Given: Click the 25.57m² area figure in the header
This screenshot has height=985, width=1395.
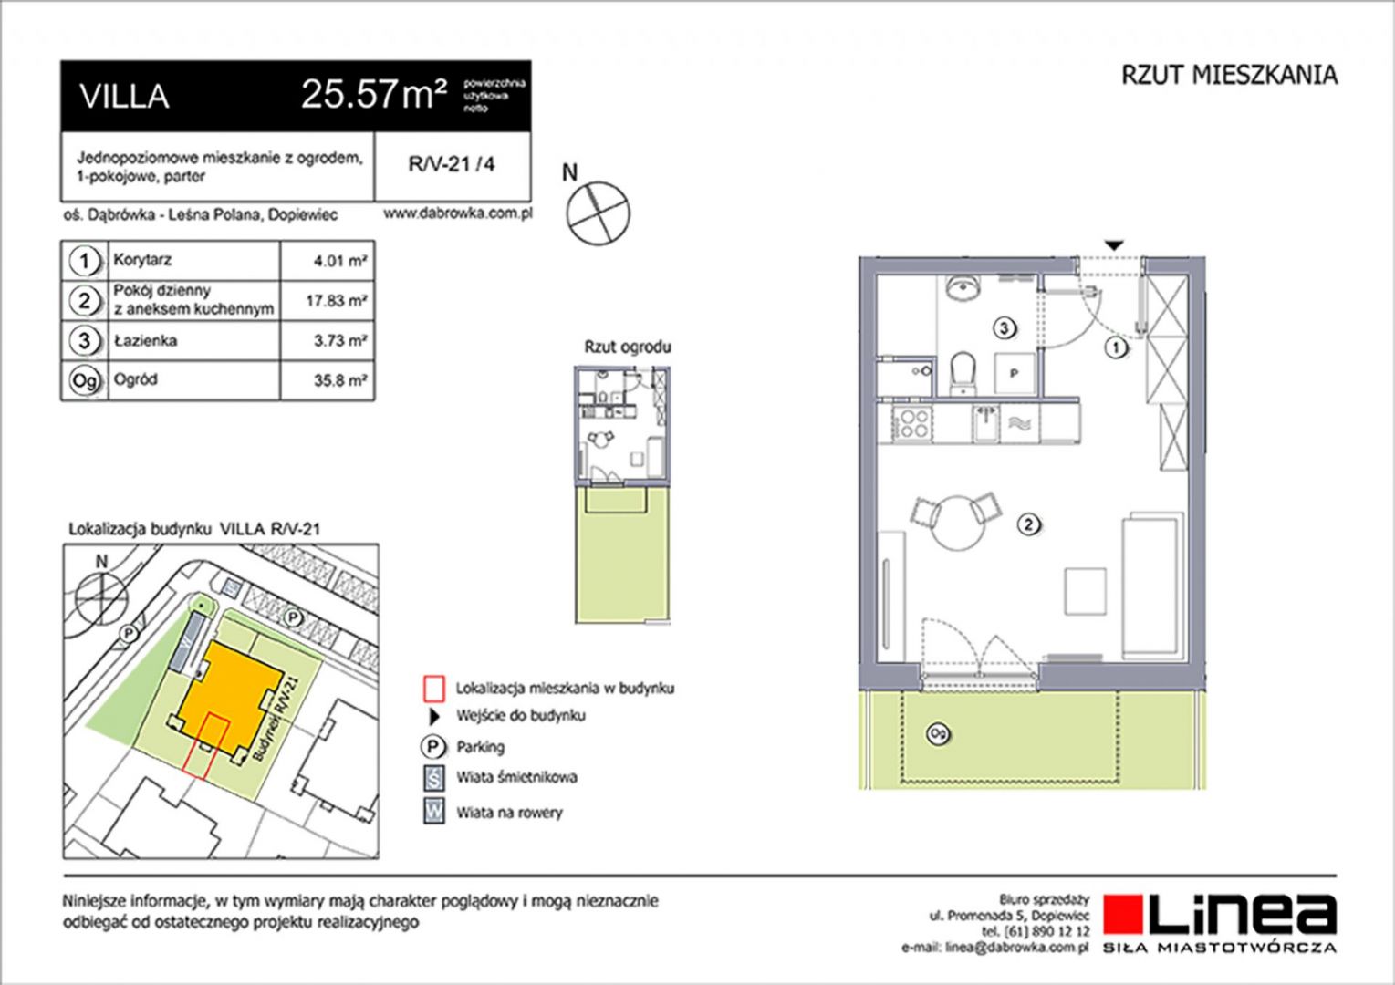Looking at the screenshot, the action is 374,95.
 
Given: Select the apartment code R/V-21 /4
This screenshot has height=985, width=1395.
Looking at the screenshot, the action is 452,164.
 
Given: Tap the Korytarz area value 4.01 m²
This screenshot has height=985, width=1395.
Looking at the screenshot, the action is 339,261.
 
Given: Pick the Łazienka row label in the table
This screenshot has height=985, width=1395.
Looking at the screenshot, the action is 145,340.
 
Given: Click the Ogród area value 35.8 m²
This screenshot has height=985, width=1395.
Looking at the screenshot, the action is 340,379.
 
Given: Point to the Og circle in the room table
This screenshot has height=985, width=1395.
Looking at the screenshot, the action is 85,380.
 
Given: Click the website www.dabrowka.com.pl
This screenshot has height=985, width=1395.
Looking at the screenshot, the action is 457,213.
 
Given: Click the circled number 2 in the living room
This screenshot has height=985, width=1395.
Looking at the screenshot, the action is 1028,524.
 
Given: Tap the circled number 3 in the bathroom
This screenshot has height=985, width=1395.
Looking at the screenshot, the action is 1005,328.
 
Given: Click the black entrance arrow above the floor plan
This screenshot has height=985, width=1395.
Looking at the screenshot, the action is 1114,245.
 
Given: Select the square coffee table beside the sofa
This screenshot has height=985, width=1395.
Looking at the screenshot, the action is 1086,591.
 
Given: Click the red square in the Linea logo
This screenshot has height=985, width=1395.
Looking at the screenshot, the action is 1123,915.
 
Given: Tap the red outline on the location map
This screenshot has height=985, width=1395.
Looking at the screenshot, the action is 207,746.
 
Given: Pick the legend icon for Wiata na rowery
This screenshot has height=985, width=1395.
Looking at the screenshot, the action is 434,812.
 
